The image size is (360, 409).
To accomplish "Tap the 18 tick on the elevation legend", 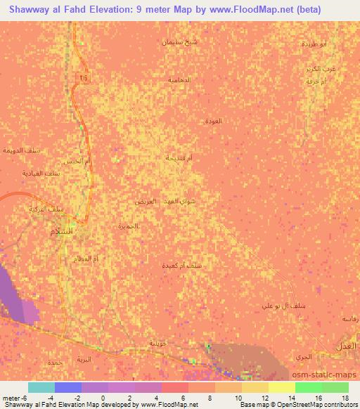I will [346, 397].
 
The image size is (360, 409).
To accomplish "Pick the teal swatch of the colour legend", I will [41, 387].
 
